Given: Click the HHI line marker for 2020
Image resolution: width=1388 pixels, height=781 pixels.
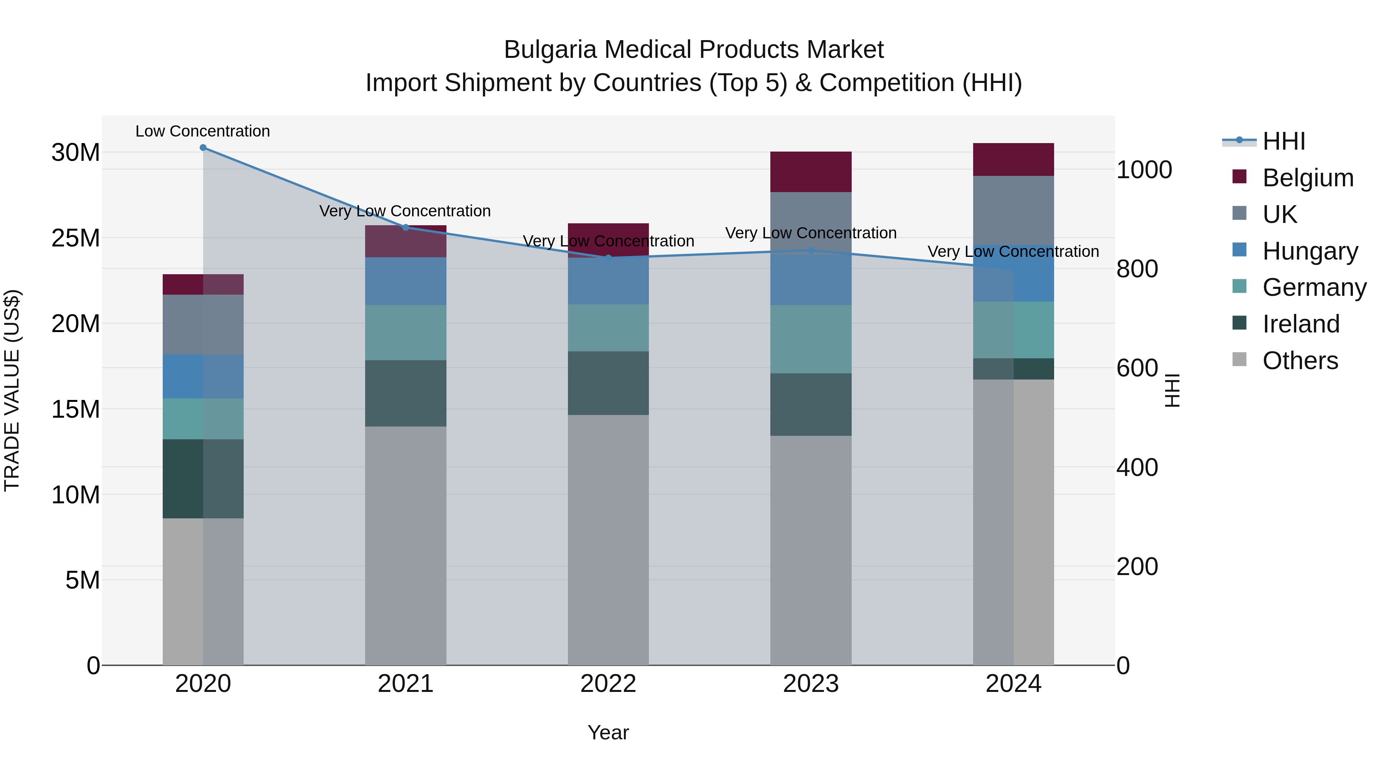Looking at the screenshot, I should tap(203, 148).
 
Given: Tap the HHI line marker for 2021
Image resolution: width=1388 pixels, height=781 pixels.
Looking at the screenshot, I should tap(406, 228).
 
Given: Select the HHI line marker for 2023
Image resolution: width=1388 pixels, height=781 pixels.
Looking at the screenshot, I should tap(811, 250).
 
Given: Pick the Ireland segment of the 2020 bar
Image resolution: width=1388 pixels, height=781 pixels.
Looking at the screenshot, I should tap(203, 479).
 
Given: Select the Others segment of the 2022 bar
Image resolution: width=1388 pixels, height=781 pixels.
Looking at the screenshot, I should tap(608, 540).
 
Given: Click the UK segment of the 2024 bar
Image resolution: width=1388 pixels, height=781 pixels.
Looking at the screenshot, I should tap(1014, 210).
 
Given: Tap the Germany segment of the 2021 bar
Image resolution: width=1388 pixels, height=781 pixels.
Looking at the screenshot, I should tap(406, 332).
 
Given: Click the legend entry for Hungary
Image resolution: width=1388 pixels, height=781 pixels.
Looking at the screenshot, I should tap(1309, 251).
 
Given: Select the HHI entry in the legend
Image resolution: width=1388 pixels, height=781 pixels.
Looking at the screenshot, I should tap(1284, 141).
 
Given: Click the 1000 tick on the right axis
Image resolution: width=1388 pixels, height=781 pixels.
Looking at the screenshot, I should tap(1144, 170).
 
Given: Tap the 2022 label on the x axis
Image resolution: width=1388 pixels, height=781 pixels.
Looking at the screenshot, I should tap(608, 684).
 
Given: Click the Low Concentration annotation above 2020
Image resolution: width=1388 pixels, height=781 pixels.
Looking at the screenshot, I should tap(202, 131).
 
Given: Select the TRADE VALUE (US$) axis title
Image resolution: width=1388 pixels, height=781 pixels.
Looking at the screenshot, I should tap(12, 390).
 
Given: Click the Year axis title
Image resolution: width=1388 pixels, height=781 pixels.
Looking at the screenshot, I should tap(608, 732).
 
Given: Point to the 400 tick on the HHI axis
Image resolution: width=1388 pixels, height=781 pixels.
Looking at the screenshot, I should tap(1137, 467).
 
